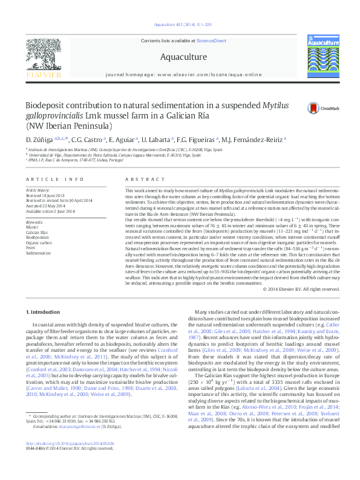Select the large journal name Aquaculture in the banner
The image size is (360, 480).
coord(180,58)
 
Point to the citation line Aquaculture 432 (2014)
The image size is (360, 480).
coord(180,25)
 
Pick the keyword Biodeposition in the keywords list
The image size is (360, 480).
coord(38,238)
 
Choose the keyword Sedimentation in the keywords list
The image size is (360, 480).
coord(39,253)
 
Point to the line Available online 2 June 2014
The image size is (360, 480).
coord(51,212)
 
